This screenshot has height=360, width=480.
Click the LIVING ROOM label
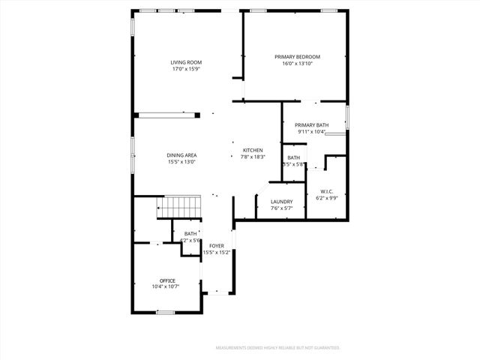click(185, 62)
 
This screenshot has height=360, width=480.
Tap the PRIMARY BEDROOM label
click(297, 57)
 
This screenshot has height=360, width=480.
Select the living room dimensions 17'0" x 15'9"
click(185, 69)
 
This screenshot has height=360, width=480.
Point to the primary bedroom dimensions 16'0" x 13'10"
click(297, 64)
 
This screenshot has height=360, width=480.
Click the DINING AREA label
click(181, 155)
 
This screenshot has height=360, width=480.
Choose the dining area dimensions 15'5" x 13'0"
click(181, 162)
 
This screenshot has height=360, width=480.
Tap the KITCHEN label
click(252, 151)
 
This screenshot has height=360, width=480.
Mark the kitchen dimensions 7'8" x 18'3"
click(252, 157)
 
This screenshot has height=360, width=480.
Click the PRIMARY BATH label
click(311, 125)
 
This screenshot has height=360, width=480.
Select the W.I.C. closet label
click(326, 191)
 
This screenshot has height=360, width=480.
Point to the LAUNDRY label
click(281, 201)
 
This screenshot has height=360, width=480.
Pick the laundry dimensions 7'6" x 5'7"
click(281, 208)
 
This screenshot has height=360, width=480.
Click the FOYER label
click(217, 246)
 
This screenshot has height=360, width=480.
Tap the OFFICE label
click(167, 280)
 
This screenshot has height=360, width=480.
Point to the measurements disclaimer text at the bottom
click(277, 348)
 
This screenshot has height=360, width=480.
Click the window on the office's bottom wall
click(166, 312)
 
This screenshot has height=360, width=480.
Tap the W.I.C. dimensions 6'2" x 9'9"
click(326, 198)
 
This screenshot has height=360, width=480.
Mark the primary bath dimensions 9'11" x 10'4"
click(311, 132)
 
